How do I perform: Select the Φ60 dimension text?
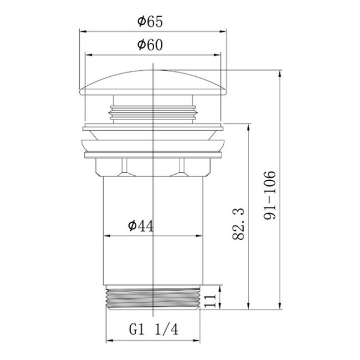150,45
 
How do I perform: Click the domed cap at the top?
155,82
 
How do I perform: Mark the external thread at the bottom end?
155,298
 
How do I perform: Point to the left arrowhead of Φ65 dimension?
82,31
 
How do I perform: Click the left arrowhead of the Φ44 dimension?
107,235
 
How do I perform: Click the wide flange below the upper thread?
155,145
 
